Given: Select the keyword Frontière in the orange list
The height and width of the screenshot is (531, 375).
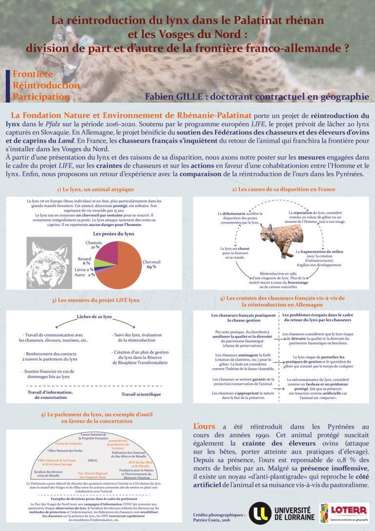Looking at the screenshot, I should [33, 74].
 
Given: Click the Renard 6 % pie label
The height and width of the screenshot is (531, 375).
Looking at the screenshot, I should [84, 261].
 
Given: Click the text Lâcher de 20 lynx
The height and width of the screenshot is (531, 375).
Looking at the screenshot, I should [95, 317].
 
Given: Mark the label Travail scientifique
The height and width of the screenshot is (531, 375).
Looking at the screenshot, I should [141, 394].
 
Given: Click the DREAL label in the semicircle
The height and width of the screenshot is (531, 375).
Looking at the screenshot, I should [93, 460].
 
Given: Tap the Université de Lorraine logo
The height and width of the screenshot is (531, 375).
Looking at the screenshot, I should [278, 512].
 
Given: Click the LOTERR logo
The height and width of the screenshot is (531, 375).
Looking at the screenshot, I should [344, 512].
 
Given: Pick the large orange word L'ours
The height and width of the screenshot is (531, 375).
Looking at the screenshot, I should [205, 426].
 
